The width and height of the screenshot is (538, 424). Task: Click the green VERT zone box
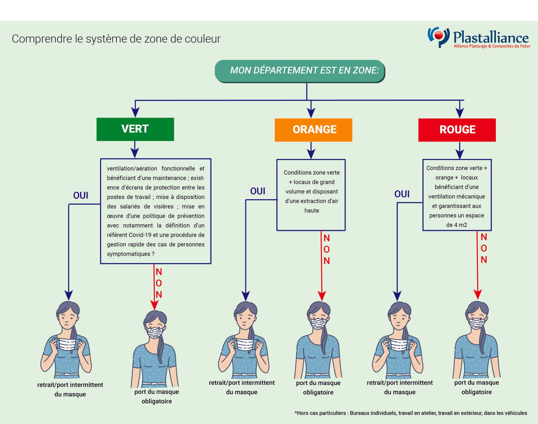(x=135, y=129)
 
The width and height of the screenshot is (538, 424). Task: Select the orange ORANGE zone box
(x=313, y=130)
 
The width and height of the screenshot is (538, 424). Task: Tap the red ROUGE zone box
(x=457, y=130)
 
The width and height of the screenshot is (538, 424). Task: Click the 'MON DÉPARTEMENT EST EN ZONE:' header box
(x=300, y=71)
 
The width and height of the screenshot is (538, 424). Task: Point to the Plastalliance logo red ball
(x=439, y=35)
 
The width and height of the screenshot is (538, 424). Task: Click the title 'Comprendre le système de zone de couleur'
(x=116, y=39)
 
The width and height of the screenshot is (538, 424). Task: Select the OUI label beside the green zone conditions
(x=81, y=195)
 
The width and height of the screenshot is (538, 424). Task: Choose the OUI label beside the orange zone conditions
(x=258, y=191)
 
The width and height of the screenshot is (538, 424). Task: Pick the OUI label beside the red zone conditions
(x=402, y=194)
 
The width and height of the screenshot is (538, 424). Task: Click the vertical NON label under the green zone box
(x=159, y=283)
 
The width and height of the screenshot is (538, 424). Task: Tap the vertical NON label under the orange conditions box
(x=326, y=249)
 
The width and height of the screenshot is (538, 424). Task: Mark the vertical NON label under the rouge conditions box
(x=484, y=248)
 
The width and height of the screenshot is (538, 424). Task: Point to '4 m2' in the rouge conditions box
(x=460, y=225)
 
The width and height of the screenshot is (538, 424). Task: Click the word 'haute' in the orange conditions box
(x=312, y=210)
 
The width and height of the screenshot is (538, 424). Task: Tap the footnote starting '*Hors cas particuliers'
(x=411, y=413)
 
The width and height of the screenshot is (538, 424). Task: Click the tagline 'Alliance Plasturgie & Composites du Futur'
(x=492, y=46)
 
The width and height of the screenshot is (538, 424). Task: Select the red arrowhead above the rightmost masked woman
(x=477, y=295)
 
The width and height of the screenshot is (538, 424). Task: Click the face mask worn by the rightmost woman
(x=477, y=323)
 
